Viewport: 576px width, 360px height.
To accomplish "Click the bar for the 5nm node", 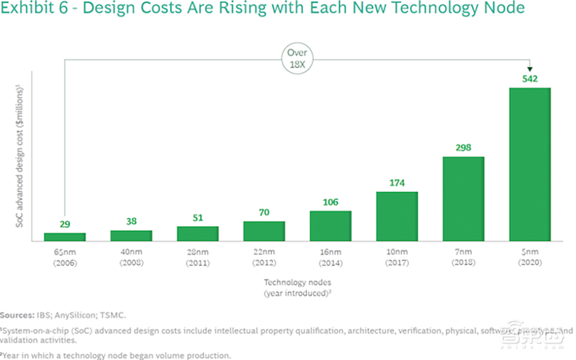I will pos(530,164).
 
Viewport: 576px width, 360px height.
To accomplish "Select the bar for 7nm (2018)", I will pos(463,199).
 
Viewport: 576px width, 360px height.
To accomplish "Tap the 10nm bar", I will pos(397,216).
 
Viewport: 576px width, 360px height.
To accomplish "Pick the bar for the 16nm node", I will pos(330,226).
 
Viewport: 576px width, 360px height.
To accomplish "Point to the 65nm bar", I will pos(65,237).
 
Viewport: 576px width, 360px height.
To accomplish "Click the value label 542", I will pos(530,79).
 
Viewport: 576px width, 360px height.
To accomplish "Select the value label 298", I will pos(463,147).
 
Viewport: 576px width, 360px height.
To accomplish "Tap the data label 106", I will pos(330,202).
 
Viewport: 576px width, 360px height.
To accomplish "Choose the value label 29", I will pos(65,224).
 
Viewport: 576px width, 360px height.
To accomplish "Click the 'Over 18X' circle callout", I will pos(298,59).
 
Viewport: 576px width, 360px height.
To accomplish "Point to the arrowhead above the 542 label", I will pos(530,69).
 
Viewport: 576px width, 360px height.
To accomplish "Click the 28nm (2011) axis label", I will pos(198,257).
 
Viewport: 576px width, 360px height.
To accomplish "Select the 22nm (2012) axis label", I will pos(264,257).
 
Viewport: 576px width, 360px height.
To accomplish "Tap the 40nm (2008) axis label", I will pos(131,257).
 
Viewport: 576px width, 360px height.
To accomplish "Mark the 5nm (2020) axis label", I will pos(530,257).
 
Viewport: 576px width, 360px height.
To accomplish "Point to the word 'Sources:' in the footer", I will pos(18,316).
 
